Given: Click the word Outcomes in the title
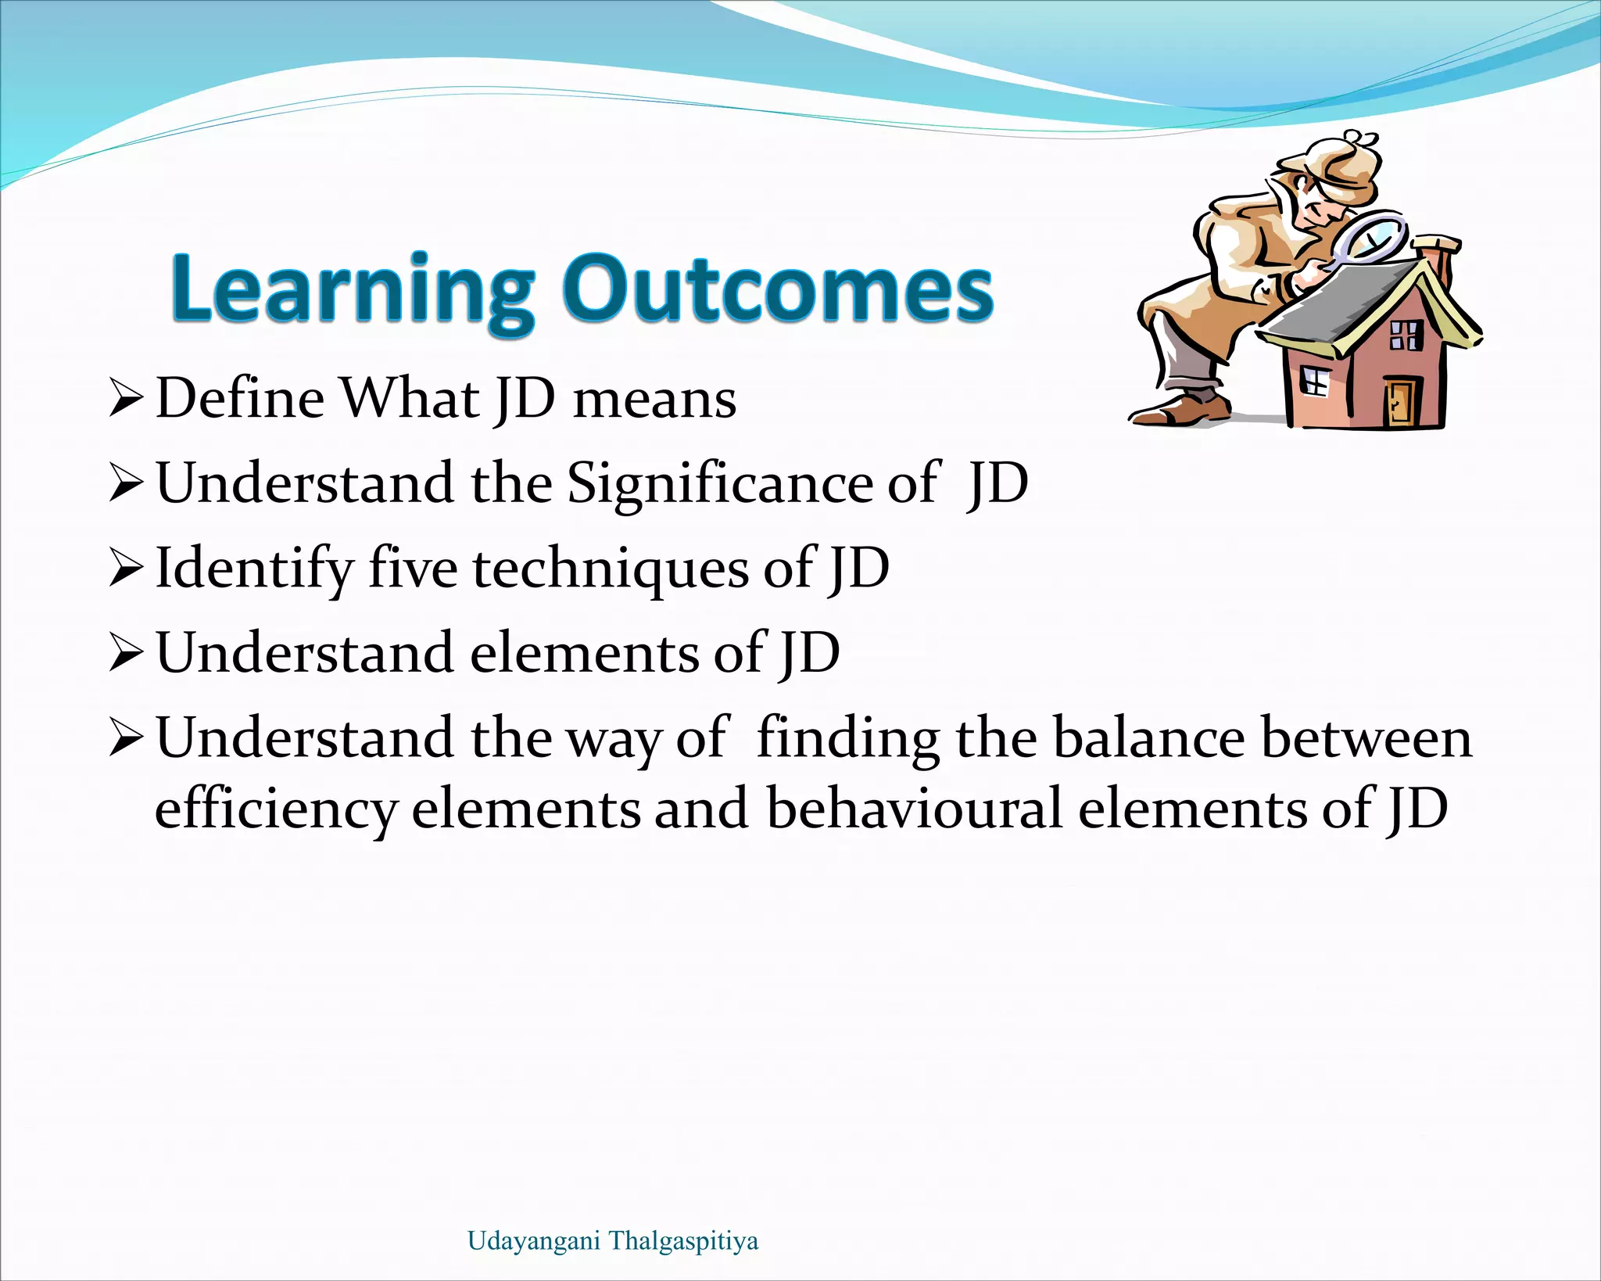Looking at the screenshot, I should click(x=778, y=289).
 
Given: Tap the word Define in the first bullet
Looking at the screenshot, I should click(x=240, y=399).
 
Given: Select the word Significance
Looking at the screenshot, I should click(x=718, y=483).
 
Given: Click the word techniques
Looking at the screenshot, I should click(x=611, y=569).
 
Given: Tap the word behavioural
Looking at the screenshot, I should click(x=914, y=809).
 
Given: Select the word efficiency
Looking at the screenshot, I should click(x=276, y=810).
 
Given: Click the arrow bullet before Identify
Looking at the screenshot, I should click(x=125, y=569).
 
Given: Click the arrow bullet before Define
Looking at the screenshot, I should click(x=125, y=399).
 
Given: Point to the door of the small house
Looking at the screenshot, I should click(x=1400, y=402).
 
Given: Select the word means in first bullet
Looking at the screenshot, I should click(x=654, y=400).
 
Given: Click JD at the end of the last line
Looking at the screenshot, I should click(x=1416, y=810).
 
